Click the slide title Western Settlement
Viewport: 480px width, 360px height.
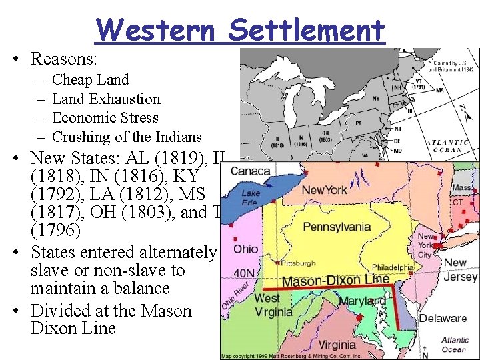click(241, 30)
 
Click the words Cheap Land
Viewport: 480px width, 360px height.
click(90, 80)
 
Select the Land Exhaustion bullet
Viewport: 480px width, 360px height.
click(106, 99)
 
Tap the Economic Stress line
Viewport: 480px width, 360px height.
click(105, 118)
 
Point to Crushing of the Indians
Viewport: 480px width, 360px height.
click(126, 137)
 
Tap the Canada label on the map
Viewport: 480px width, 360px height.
click(250, 171)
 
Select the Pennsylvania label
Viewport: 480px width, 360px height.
click(337, 227)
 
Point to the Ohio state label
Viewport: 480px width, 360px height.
click(246, 249)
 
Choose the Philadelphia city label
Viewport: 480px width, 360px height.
click(392, 267)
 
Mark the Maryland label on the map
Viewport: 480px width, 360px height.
click(361, 301)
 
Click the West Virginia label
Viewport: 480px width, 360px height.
click(273, 305)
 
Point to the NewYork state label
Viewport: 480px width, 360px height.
click(324, 191)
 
